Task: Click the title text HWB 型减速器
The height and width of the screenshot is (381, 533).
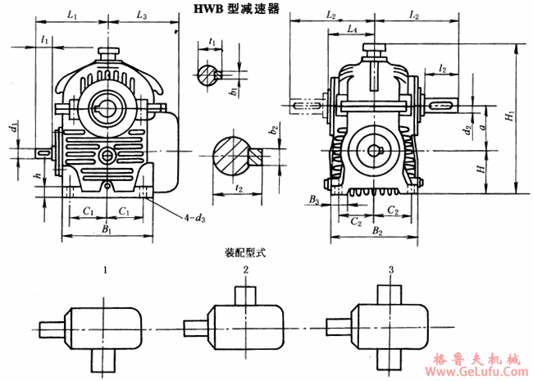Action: (x=235, y=10)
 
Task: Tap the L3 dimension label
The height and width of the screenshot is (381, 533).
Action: (x=142, y=16)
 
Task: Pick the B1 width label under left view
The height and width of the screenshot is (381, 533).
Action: (x=106, y=230)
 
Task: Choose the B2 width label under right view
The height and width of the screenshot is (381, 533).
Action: (x=377, y=232)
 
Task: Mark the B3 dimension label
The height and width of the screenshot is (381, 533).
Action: (x=314, y=199)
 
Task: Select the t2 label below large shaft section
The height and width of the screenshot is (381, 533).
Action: (x=237, y=188)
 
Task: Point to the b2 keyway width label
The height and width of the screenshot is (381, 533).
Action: (x=274, y=129)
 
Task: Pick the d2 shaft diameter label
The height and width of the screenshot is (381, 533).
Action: (x=466, y=129)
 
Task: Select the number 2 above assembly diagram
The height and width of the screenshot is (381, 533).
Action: (x=245, y=269)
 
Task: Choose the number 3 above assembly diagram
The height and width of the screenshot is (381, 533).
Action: (x=391, y=269)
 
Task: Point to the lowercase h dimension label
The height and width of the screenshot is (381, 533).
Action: (x=36, y=175)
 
